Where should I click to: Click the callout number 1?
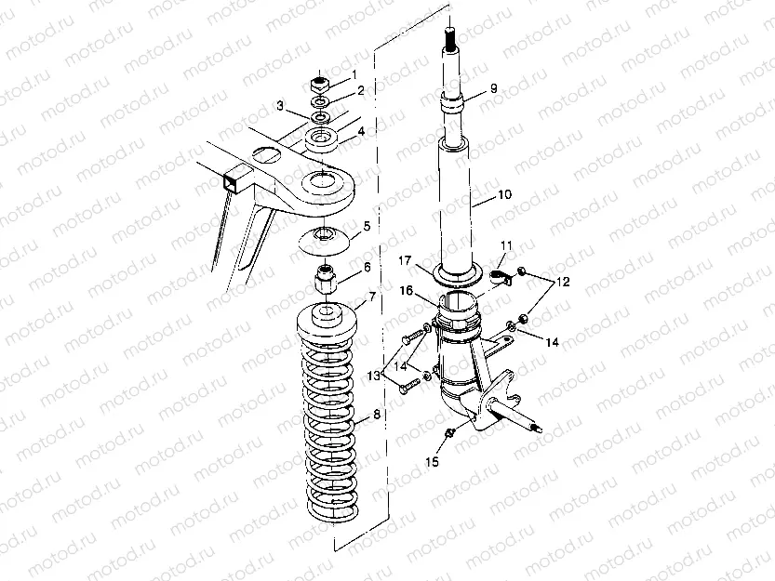(353, 74)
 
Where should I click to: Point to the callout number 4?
(361, 134)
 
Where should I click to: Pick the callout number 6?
(367, 267)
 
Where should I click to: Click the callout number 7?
(372, 297)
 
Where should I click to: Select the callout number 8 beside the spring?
(376, 416)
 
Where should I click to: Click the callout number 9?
(493, 87)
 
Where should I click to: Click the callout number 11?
(507, 245)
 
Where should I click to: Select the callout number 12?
(564, 281)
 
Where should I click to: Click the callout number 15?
(429, 461)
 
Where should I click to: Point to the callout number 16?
(407, 291)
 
